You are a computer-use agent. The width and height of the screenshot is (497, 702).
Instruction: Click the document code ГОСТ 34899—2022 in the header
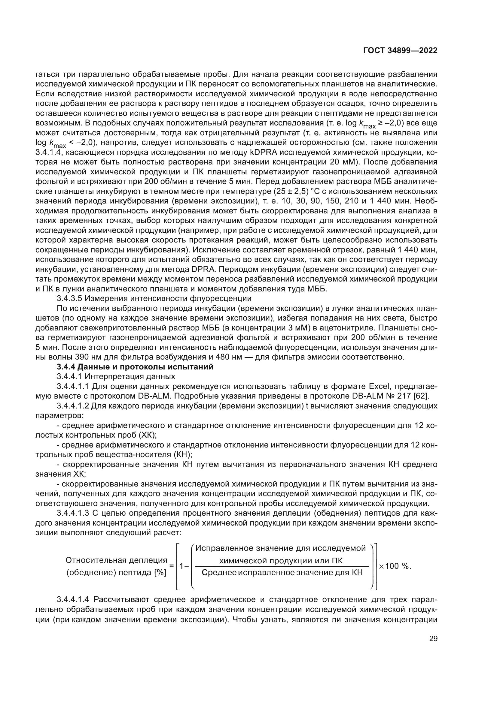point(400,51)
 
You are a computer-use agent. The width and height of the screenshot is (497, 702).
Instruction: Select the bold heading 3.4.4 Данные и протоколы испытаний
point(135,367)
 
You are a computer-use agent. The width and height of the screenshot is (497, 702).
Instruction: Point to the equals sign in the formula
point(171,566)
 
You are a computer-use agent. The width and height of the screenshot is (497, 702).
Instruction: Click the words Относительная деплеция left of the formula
point(116,560)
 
